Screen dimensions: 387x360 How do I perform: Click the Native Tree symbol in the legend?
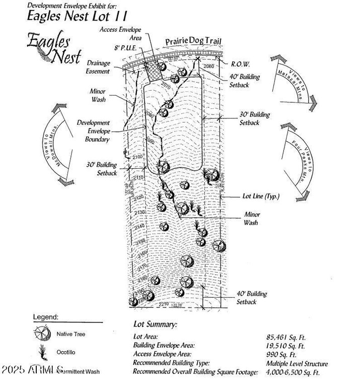(x=42, y=334)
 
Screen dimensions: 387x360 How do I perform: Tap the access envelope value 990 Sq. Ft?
(x=281, y=354)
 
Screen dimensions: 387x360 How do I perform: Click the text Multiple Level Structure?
(x=297, y=363)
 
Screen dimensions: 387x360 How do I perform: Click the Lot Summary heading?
(x=155, y=324)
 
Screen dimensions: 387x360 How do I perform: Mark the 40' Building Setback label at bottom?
(x=252, y=297)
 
